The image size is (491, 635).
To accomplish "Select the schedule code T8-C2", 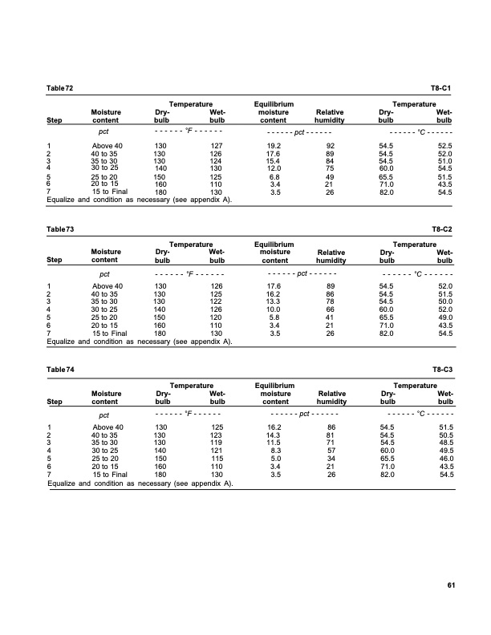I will (444, 229).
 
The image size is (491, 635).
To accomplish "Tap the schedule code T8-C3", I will (444, 371).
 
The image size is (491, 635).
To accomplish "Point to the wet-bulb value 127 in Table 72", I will (215, 146).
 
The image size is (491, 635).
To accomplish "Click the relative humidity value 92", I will (329, 146).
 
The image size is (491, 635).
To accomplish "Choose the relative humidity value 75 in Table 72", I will (329, 167).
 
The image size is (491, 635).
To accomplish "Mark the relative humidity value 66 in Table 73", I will (329, 309).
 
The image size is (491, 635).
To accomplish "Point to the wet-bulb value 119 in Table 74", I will (215, 443).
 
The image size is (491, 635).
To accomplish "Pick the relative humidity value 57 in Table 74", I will (329, 451).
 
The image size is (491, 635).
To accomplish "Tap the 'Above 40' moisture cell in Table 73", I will (108, 286).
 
